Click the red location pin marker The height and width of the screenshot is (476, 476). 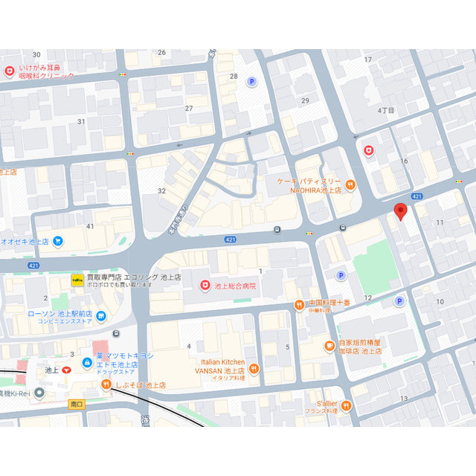(x=401, y=210)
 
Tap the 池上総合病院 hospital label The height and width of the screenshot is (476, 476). (x=234, y=286)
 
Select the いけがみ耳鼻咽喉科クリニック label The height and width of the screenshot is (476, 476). (x=46, y=71)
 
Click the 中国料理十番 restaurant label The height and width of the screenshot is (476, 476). (x=329, y=303)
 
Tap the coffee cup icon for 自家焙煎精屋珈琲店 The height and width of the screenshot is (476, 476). (x=329, y=345)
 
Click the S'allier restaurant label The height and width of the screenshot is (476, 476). (x=321, y=402)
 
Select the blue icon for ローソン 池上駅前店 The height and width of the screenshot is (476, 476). (x=101, y=318)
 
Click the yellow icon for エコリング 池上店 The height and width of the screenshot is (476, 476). (x=77, y=280)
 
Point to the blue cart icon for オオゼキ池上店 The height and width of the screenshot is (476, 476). (x=58, y=241)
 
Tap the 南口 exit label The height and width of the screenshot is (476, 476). (x=76, y=404)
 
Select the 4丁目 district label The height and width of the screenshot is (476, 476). (x=386, y=109)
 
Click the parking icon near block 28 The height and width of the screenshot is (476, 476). (x=251, y=82)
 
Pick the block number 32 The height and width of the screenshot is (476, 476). (x=161, y=190)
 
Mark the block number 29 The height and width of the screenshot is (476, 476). (x=304, y=100)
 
